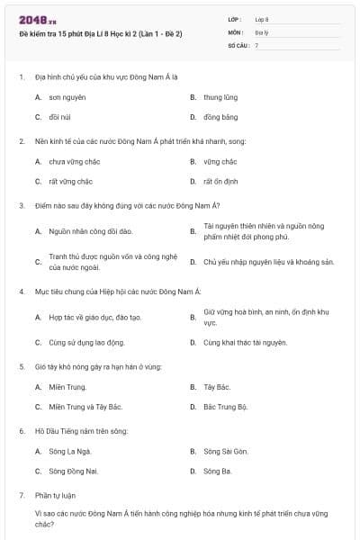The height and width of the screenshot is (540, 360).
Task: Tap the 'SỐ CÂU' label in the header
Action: (237, 44)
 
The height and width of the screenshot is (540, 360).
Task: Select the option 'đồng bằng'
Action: (220, 117)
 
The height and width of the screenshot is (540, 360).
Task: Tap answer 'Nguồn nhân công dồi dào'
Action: (85, 231)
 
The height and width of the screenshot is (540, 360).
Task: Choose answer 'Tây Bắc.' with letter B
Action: (217, 387)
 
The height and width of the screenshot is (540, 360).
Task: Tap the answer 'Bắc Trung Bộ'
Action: (225, 407)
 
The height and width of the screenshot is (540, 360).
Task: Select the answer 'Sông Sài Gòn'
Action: (226, 451)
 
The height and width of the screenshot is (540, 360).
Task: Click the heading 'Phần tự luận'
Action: (54, 495)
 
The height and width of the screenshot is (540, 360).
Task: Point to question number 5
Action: (22, 366)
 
